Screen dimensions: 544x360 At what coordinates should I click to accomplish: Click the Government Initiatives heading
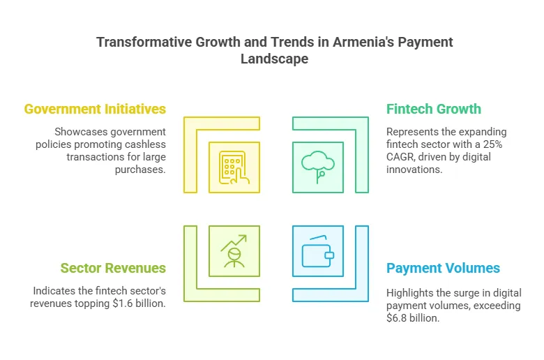(95, 109)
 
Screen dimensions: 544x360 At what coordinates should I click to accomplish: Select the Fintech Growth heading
(434, 109)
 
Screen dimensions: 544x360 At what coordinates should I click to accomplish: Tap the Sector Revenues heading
(113, 268)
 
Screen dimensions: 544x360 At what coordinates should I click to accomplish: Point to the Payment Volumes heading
(443, 268)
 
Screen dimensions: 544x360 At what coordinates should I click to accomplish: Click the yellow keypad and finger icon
(234, 167)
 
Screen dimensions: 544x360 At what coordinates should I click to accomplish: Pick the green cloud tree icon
(318, 167)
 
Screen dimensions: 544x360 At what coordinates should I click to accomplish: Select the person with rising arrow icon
(234, 251)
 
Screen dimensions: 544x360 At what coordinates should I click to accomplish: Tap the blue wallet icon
(318, 251)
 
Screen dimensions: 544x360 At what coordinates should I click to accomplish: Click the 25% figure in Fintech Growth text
(492, 144)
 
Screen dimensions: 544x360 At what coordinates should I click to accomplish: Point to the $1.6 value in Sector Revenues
(123, 303)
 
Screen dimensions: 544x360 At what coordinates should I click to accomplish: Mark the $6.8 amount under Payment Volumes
(397, 318)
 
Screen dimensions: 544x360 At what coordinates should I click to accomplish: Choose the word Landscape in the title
(274, 59)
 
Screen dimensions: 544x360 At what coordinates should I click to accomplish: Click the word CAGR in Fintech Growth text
(400, 157)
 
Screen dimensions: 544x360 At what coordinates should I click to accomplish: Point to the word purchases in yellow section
(140, 170)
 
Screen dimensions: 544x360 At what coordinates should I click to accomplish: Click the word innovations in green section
(414, 170)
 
